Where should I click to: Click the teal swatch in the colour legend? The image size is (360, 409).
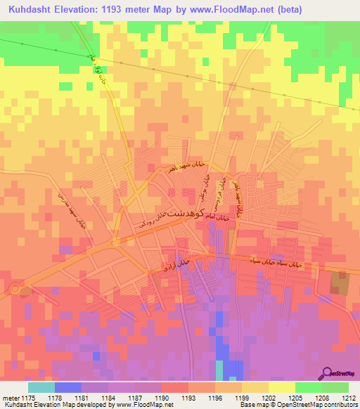pyautogui.click(x=41, y=387)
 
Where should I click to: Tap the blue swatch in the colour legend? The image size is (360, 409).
pyautogui.click(x=68, y=387)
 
